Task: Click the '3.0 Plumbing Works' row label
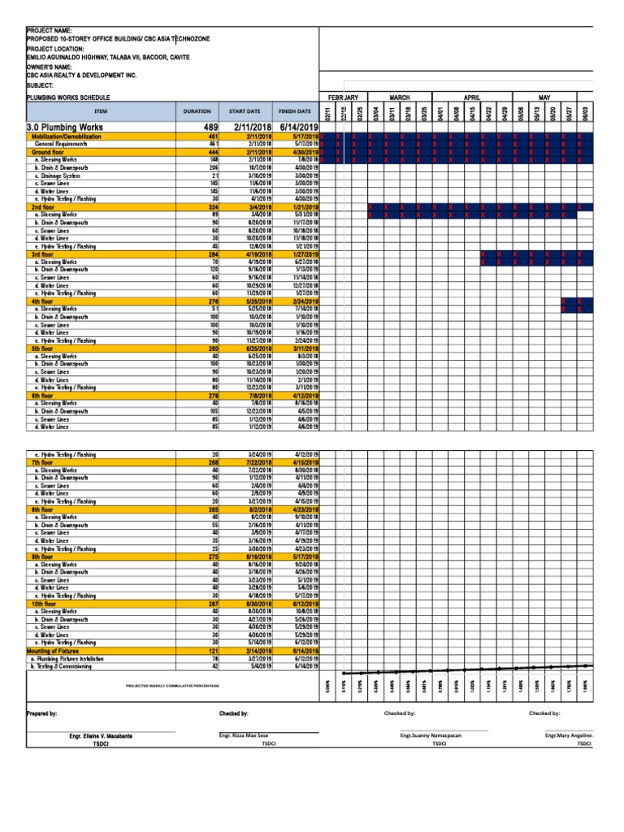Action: tap(65, 128)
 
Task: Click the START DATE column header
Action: tap(245, 110)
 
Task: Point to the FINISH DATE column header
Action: tap(294, 110)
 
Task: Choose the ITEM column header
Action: tap(101, 110)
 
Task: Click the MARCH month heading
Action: tap(400, 97)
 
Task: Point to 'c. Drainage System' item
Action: tap(58, 175)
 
